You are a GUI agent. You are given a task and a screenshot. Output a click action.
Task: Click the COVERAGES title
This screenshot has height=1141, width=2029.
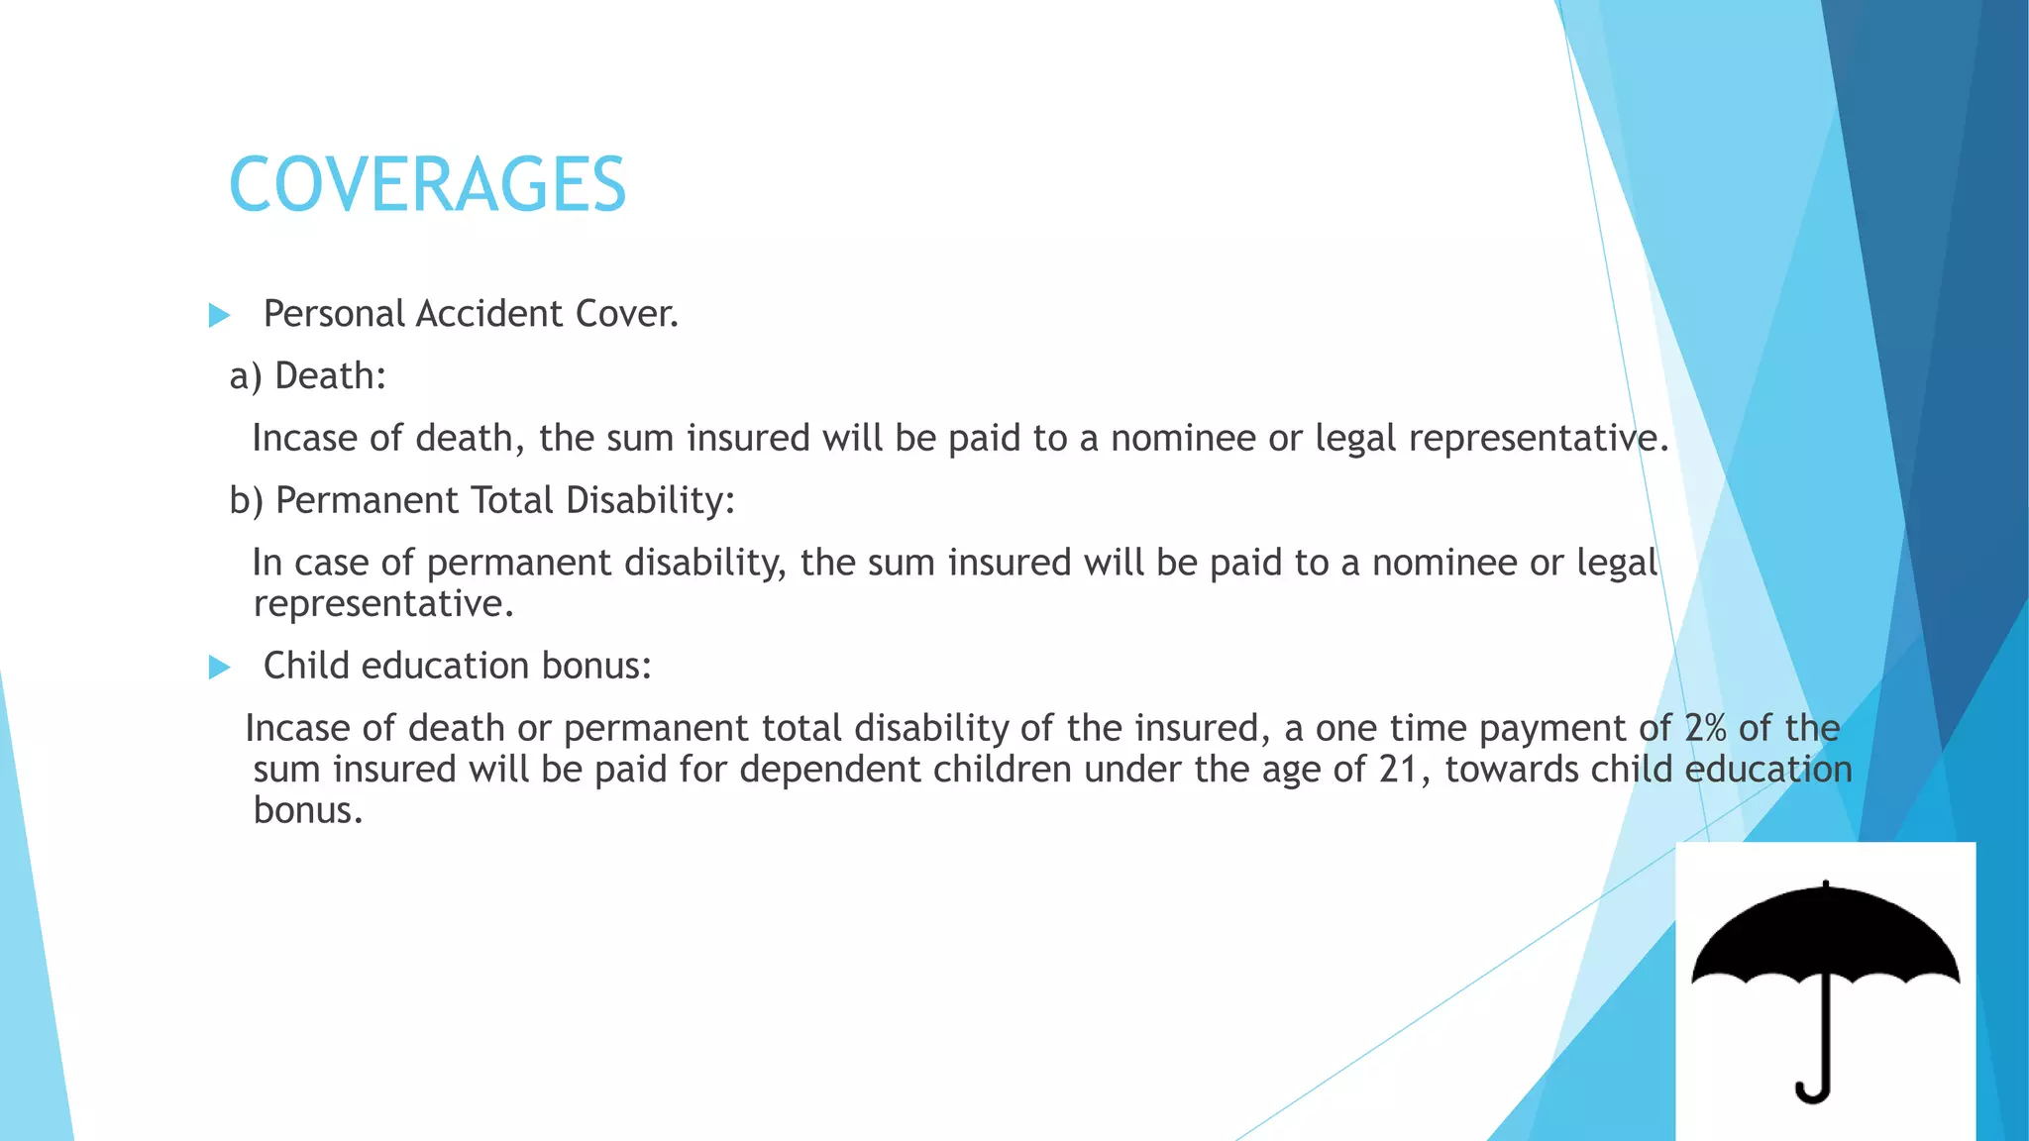click(427, 185)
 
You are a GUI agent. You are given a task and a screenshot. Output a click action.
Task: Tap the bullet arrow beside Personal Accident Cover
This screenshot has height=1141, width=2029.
click(219, 316)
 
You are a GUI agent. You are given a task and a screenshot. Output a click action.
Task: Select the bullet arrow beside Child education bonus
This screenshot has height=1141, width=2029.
click(219, 668)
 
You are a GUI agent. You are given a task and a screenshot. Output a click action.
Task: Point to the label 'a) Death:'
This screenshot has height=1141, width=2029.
click(307, 376)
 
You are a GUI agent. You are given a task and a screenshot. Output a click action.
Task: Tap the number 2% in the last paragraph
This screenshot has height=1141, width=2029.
click(1706, 729)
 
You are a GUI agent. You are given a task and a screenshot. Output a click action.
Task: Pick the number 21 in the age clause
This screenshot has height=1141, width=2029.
click(1399, 770)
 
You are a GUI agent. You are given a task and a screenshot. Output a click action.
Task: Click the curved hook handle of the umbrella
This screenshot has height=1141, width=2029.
click(1814, 1089)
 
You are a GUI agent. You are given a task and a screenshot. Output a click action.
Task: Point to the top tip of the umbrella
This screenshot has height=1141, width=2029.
click(1825, 882)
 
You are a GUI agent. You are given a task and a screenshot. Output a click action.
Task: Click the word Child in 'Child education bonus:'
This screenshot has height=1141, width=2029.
click(306, 666)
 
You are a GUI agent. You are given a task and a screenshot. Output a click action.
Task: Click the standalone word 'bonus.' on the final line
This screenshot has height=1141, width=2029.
click(308, 811)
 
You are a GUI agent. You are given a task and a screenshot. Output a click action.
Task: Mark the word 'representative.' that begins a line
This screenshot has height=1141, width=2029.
click(383, 604)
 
